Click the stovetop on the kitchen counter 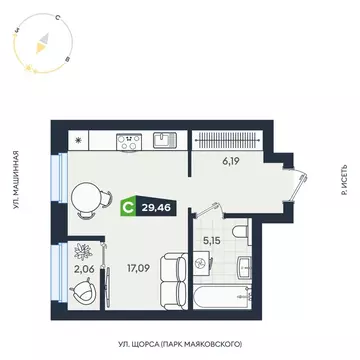(133, 142)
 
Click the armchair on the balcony (87, 288)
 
